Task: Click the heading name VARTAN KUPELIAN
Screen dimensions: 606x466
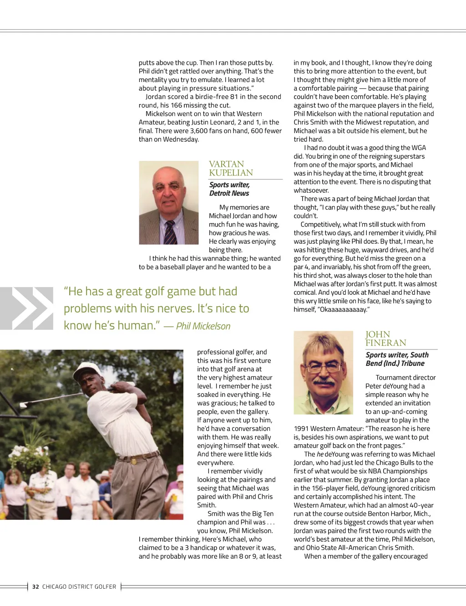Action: tap(231, 168)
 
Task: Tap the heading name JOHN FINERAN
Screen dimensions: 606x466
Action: tap(385, 339)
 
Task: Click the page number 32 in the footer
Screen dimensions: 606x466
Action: tap(35, 587)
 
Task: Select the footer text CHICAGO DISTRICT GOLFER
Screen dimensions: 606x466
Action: tap(79, 587)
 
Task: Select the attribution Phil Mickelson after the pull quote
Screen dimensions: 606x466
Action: tap(203, 326)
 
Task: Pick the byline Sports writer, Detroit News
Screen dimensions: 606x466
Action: tap(229, 189)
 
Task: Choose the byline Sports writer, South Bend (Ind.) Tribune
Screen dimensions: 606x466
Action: tap(397, 359)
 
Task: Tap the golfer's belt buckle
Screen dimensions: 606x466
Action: tap(134, 461)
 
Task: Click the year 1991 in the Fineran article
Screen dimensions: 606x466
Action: tap(301, 429)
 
